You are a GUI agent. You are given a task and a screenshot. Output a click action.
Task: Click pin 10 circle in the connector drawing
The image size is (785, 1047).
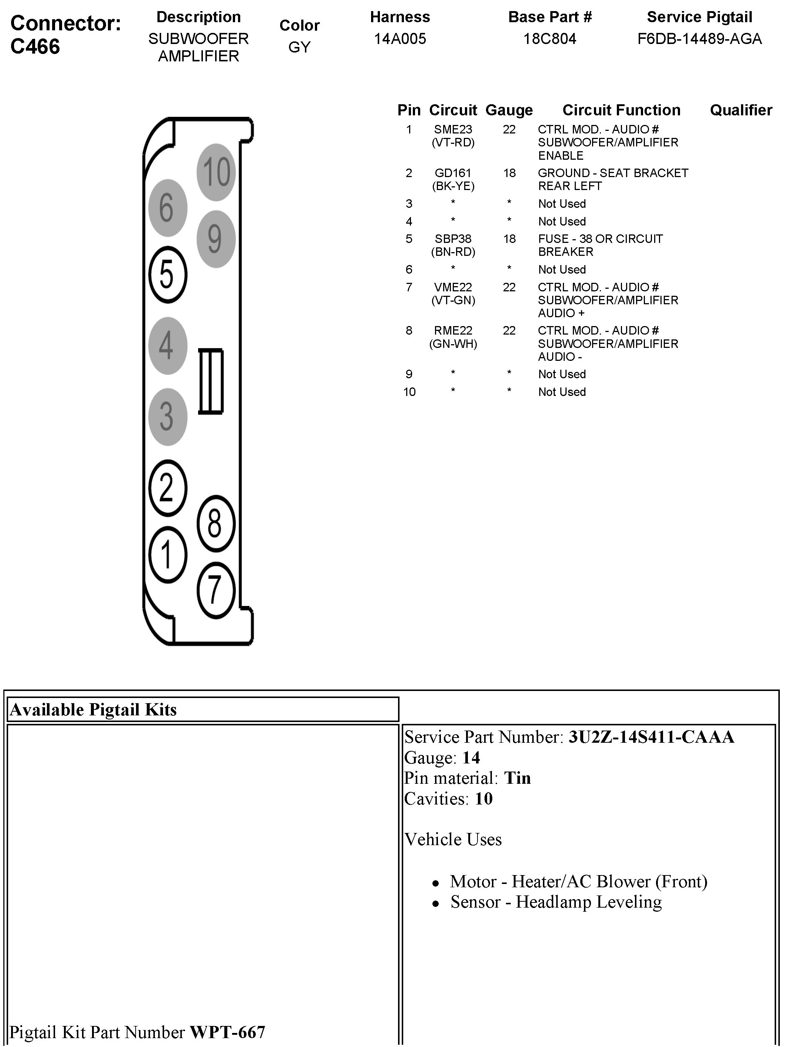click(216, 172)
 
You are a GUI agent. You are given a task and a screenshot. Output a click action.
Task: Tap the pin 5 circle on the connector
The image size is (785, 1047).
click(167, 275)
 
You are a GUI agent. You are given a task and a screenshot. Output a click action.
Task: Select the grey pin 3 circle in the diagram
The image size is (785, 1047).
click(167, 417)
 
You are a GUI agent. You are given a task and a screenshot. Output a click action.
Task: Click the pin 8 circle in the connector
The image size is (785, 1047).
click(216, 523)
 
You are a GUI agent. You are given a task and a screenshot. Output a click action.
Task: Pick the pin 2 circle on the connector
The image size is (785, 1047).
click(167, 488)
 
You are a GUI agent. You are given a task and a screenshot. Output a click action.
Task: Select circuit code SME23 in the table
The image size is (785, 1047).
click(453, 129)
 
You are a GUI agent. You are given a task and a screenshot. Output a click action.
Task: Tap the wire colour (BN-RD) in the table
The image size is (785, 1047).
click(453, 252)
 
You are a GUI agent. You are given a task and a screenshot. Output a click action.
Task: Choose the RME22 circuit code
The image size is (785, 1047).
click(453, 331)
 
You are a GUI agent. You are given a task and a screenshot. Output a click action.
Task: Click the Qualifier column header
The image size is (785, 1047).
click(741, 110)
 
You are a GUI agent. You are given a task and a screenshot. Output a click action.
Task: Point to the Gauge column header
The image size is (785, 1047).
click(509, 110)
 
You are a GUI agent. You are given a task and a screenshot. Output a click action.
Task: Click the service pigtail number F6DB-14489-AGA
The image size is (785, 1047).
click(699, 39)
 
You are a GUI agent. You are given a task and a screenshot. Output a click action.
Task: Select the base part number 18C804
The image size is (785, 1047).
click(549, 39)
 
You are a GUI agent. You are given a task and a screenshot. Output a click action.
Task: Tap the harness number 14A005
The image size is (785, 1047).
click(400, 39)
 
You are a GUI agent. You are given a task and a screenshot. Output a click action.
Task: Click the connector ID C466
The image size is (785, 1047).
click(35, 46)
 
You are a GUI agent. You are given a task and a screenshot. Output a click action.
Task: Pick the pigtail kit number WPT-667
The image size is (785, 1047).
click(228, 1031)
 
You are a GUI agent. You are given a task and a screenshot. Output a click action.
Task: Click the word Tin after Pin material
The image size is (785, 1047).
click(517, 778)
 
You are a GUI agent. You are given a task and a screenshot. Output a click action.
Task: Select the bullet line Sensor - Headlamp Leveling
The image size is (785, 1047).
click(555, 902)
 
